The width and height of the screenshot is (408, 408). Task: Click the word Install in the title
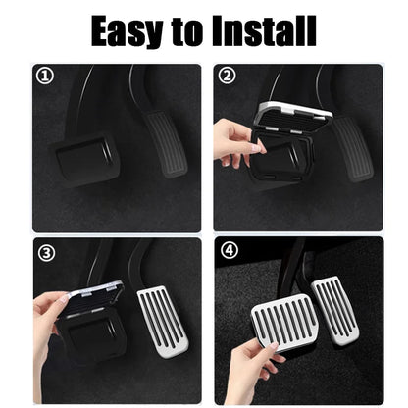coord(264,31)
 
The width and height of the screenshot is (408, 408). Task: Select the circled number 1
coord(43,76)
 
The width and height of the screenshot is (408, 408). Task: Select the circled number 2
coord(227,76)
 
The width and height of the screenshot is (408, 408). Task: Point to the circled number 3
coord(43,252)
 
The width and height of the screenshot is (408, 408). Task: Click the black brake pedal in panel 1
coord(84,159)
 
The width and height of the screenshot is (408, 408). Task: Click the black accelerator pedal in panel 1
coord(166,142)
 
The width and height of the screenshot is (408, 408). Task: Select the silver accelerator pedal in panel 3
coord(164,320)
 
